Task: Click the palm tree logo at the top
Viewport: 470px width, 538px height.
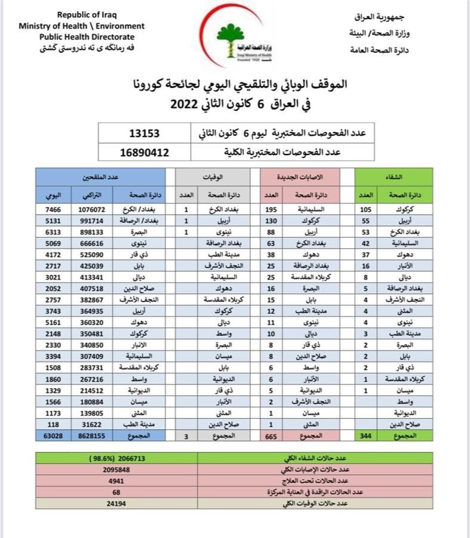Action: click(x=230, y=39)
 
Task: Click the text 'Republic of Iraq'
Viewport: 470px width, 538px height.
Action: click(x=82, y=14)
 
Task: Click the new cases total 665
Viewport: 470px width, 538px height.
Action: click(x=271, y=437)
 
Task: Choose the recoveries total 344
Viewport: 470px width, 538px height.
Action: click(x=365, y=437)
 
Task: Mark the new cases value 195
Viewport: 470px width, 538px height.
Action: click(x=271, y=210)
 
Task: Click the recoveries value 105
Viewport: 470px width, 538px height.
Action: click(x=365, y=210)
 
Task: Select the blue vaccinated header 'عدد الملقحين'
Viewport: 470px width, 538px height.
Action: click(x=100, y=177)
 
